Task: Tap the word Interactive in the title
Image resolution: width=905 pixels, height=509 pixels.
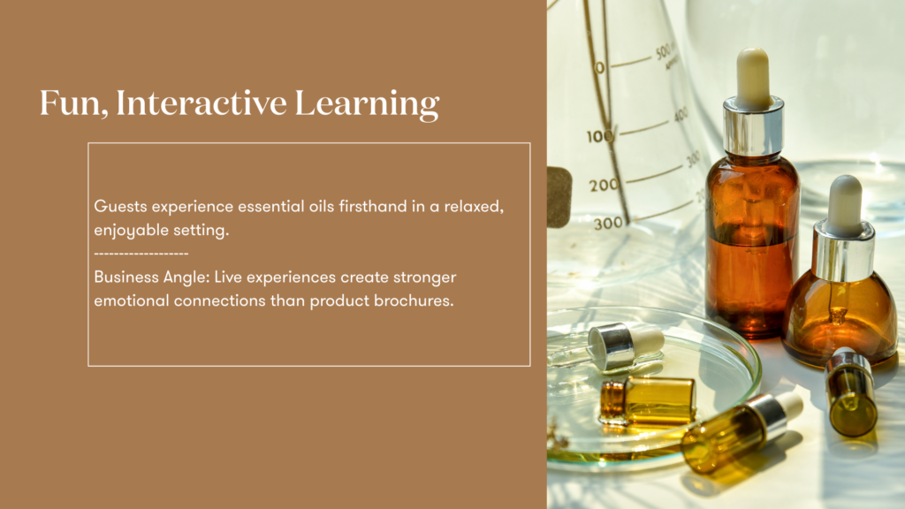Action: point(202,103)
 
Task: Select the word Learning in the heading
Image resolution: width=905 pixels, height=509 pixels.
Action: point(367,104)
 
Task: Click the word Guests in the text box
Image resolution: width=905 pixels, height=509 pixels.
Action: point(120,206)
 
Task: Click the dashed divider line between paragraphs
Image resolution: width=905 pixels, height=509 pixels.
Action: point(141,254)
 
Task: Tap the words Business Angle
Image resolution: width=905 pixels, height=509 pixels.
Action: point(151,277)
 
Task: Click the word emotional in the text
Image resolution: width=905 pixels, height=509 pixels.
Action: point(132,300)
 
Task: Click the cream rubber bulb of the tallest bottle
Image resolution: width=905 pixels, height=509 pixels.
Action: point(752,78)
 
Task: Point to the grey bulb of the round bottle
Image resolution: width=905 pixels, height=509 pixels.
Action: point(845,205)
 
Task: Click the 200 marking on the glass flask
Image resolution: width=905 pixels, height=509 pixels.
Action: point(604,186)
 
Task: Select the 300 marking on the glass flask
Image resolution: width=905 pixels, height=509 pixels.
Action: point(608,223)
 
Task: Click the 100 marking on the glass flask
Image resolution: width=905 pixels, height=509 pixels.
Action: point(601,136)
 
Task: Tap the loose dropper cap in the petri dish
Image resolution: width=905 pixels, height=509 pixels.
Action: point(625,346)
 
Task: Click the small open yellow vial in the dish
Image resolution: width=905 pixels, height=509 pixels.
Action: point(647,399)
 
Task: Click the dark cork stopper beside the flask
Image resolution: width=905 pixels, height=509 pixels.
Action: point(559,197)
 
